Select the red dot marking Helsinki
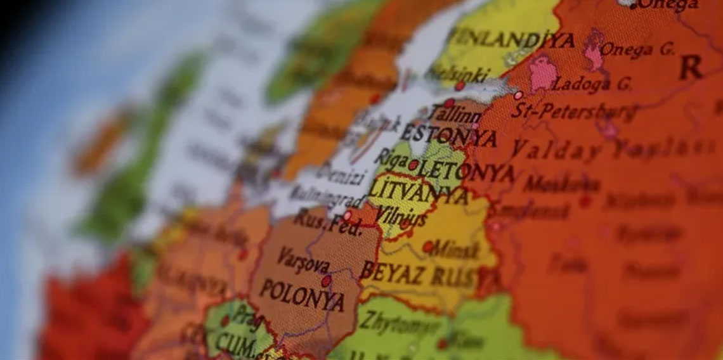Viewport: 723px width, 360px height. (x=459, y=86)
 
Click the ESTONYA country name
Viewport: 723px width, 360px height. (x=447, y=135)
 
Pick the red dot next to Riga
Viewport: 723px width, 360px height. (x=413, y=165)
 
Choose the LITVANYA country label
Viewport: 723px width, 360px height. (x=418, y=190)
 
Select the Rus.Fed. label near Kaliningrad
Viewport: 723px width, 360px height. (x=327, y=222)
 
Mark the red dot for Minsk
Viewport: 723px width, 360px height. (x=428, y=247)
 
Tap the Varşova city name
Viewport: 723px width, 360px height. (x=303, y=260)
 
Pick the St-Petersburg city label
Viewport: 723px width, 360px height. (x=574, y=112)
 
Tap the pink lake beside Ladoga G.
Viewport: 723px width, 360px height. (x=542, y=73)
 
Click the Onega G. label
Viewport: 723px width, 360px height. (x=636, y=49)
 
